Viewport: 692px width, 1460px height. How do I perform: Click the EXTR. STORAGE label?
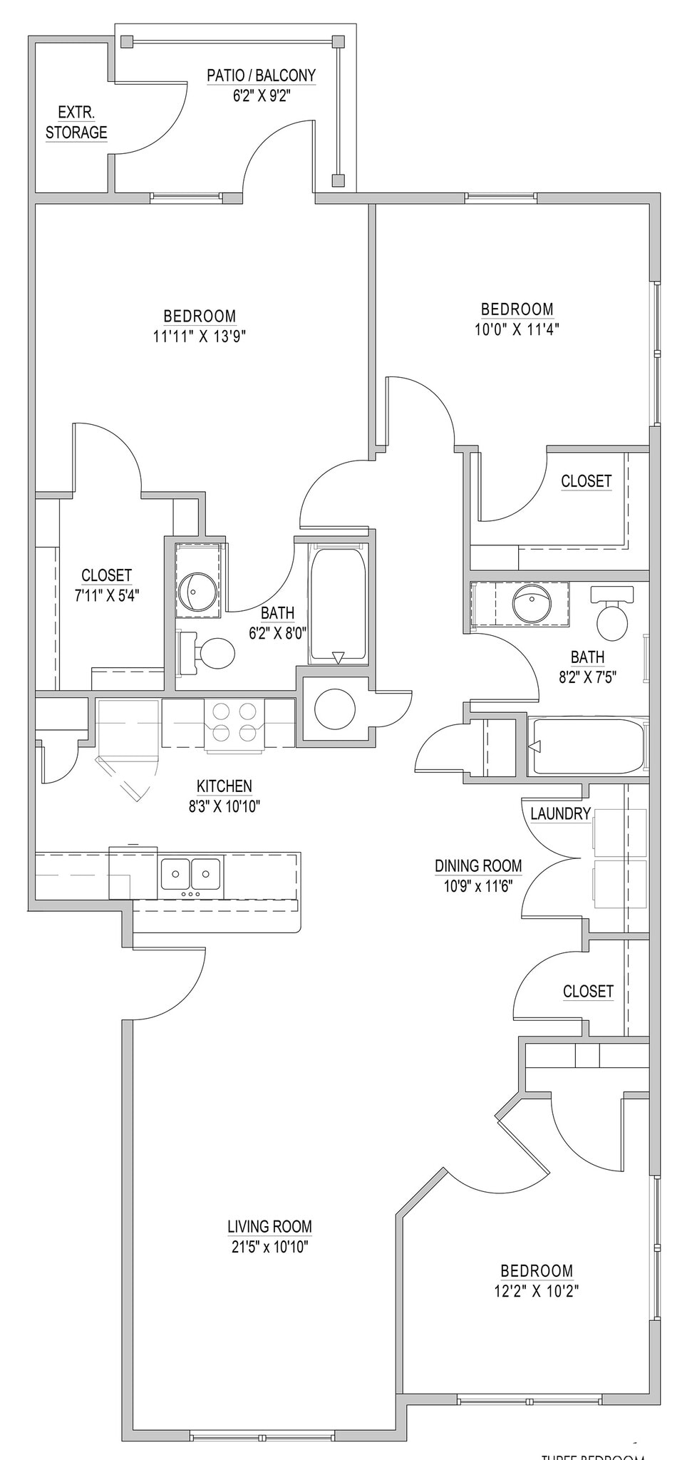pyautogui.click(x=76, y=123)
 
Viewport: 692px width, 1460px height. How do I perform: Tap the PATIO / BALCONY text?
pyautogui.click(x=261, y=76)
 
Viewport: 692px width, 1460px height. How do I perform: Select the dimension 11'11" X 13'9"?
pyautogui.click(x=200, y=336)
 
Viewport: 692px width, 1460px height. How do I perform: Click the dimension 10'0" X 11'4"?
pyautogui.click(x=517, y=329)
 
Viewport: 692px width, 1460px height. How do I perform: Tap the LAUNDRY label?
pyautogui.click(x=560, y=813)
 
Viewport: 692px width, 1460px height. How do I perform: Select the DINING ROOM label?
pyautogui.click(x=478, y=866)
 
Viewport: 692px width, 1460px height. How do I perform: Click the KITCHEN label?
pyautogui.click(x=224, y=786)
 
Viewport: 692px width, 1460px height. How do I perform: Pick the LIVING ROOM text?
pyautogui.click(x=269, y=1227)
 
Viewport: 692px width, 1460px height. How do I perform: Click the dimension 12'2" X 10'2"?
pyautogui.click(x=536, y=1291)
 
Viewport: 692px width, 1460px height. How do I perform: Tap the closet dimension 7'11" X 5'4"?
pyautogui.click(x=107, y=595)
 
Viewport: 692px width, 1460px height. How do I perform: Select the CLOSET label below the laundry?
pyautogui.click(x=588, y=991)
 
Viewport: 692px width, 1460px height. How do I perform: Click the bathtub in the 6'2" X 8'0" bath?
pyautogui.click(x=338, y=602)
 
